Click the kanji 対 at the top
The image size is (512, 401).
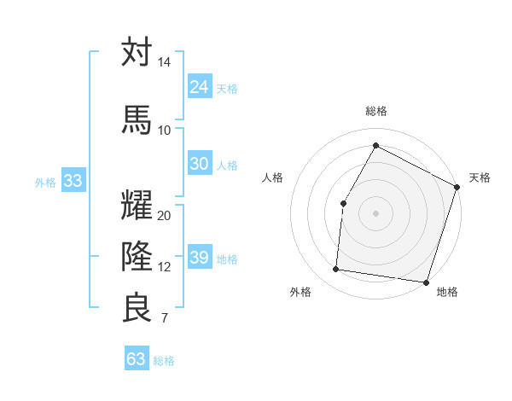(137, 52)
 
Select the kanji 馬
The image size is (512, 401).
(137, 119)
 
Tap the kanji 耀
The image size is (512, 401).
(137, 205)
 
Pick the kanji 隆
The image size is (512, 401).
(137, 256)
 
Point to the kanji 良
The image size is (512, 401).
(137, 307)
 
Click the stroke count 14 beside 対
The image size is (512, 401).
(164, 63)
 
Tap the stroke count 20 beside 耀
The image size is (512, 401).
(164, 215)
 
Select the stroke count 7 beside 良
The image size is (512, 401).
(164, 319)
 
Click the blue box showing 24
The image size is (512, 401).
(199, 87)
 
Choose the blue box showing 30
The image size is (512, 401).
(199, 164)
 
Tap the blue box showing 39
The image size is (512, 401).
(199, 258)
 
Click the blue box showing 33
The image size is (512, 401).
(73, 180)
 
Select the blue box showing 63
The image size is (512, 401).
(136, 359)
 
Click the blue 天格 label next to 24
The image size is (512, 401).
(227, 89)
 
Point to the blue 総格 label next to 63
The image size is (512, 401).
(164, 361)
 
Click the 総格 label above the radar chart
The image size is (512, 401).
(375, 111)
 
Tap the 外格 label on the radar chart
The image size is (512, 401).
(300, 292)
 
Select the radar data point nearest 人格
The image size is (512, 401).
(343, 203)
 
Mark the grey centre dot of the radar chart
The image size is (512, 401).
(375, 212)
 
